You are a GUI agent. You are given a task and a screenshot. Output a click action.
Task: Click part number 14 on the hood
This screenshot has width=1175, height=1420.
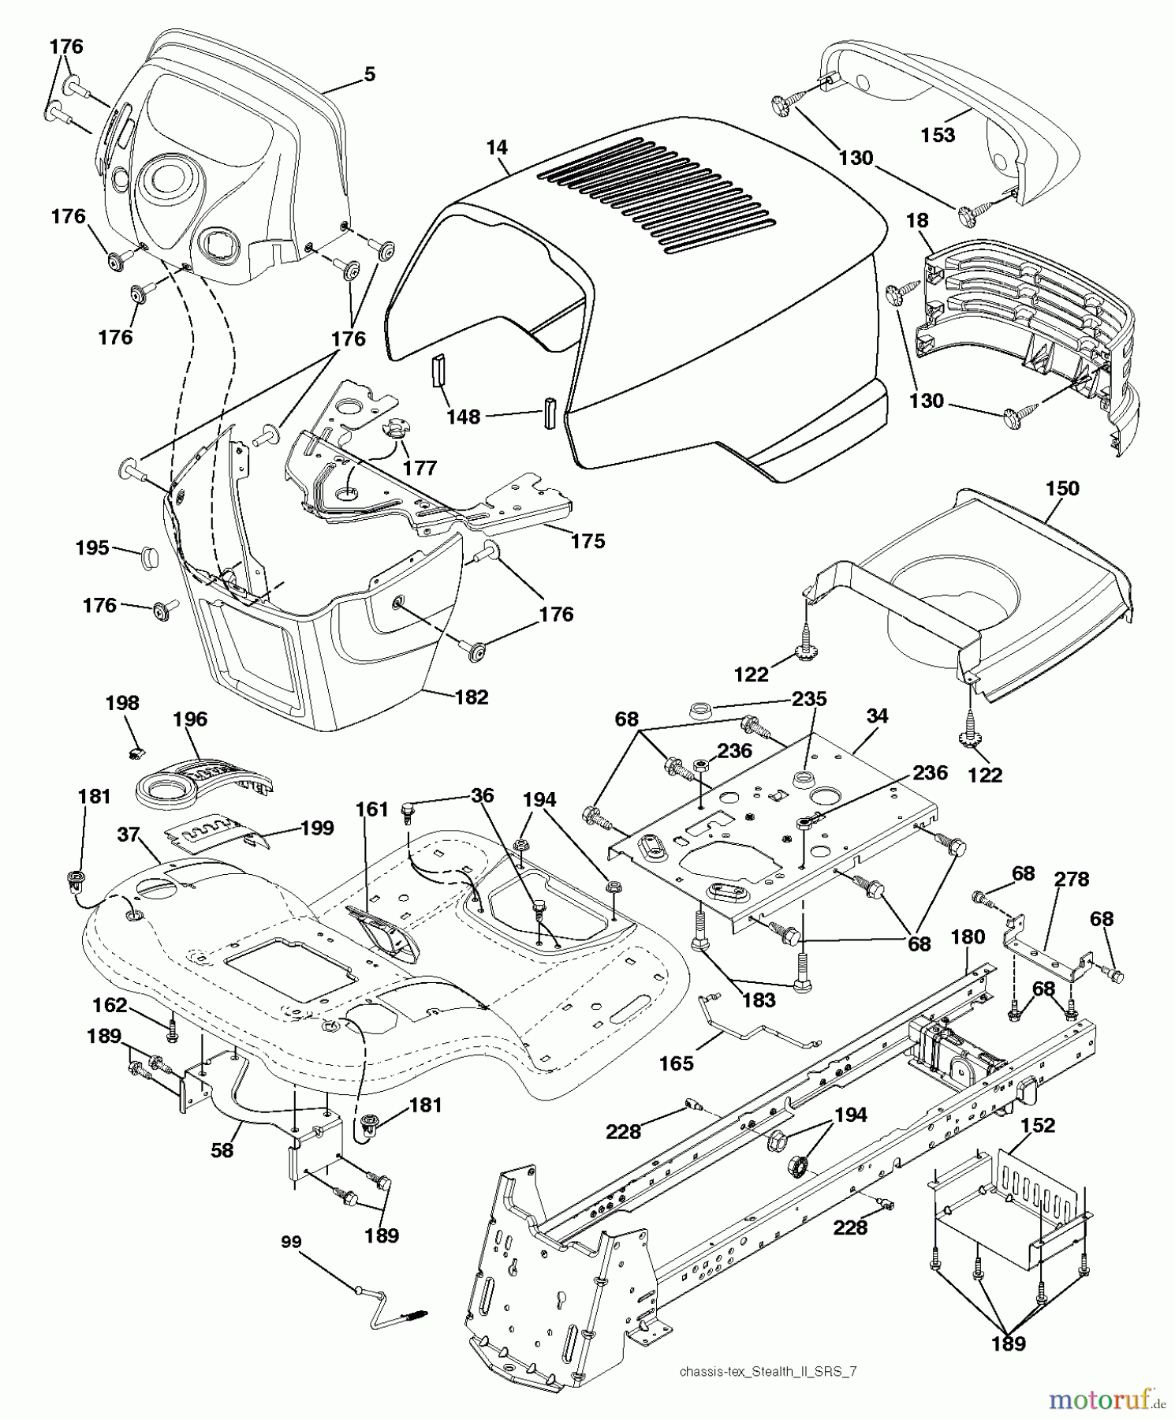click(x=497, y=148)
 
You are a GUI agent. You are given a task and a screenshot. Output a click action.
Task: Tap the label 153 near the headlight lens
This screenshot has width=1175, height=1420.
click(x=938, y=135)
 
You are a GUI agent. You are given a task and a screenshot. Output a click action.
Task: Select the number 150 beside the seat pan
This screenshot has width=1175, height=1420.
click(x=1061, y=488)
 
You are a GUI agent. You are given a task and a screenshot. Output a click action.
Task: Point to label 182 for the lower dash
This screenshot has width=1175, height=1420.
click(x=472, y=697)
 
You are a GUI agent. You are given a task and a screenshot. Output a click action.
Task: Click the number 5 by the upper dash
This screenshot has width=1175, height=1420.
click(x=369, y=74)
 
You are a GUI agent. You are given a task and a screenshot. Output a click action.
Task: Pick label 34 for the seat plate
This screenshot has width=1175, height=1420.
click(x=877, y=716)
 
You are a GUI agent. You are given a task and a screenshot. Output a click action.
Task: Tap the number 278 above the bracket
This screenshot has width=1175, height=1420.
click(x=1072, y=879)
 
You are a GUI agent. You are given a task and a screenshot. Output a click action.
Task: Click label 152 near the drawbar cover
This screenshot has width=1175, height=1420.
click(x=1038, y=1126)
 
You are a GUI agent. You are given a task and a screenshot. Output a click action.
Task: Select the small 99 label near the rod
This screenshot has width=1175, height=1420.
click(x=291, y=1242)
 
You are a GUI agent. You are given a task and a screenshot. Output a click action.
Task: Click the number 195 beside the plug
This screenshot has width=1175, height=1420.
click(x=92, y=547)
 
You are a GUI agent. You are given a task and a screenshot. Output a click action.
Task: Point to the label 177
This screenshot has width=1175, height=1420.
click(x=419, y=468)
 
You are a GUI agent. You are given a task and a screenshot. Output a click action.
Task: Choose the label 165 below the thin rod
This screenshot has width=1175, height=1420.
click(x=676, y=1063)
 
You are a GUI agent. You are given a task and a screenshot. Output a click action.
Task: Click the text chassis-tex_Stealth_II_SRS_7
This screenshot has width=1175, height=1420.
click(x=767, y=1371)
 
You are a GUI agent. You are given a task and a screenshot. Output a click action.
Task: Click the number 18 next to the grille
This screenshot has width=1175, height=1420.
click(x=917, y=220)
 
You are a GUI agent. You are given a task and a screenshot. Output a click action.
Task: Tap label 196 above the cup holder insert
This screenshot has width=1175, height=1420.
click(x=190, y=719)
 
